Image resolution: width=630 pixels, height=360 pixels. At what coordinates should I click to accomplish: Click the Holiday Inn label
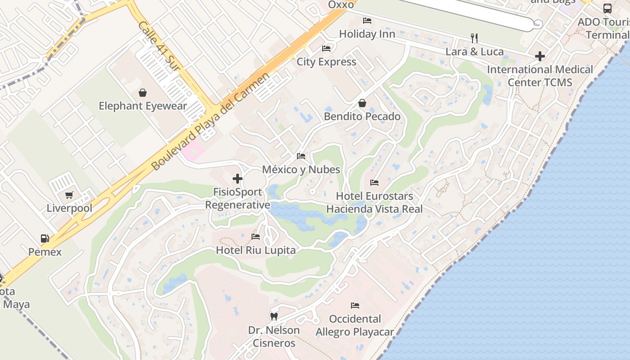point(367,34)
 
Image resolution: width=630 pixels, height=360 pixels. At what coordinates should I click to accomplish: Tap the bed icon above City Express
point(326,49)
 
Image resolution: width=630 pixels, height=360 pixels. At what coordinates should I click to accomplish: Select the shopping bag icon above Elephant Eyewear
point(143,93)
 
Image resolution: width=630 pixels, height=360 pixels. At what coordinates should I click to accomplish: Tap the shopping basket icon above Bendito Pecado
point(362,103)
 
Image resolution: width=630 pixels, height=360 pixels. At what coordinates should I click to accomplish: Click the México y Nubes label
point(301,170)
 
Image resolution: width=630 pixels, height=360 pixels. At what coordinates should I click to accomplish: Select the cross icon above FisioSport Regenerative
point(238,179)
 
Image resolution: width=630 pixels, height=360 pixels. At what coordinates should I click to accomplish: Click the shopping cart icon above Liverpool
point(69,195)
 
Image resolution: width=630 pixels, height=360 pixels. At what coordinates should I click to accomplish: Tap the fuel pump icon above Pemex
point(45,238)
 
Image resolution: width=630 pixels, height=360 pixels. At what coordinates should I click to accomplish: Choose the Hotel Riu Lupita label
point(256,250)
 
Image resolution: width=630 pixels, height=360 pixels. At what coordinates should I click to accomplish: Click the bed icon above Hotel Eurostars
point(374,183)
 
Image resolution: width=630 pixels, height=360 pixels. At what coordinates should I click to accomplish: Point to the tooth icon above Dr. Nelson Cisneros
point(274,316)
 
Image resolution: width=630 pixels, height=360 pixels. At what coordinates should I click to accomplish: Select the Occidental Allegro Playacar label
point(355,325)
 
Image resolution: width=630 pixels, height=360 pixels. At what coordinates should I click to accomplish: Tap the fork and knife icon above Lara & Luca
point(474,38)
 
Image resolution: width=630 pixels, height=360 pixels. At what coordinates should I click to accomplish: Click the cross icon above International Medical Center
point(540,56)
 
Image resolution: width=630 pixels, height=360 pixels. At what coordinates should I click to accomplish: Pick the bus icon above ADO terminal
point(607,9)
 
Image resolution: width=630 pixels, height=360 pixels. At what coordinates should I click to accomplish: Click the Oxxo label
point(341,4)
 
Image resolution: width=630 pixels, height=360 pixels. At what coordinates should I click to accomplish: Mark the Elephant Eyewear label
point(143,106)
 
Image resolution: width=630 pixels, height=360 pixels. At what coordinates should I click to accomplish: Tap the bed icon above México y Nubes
point(301,156)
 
